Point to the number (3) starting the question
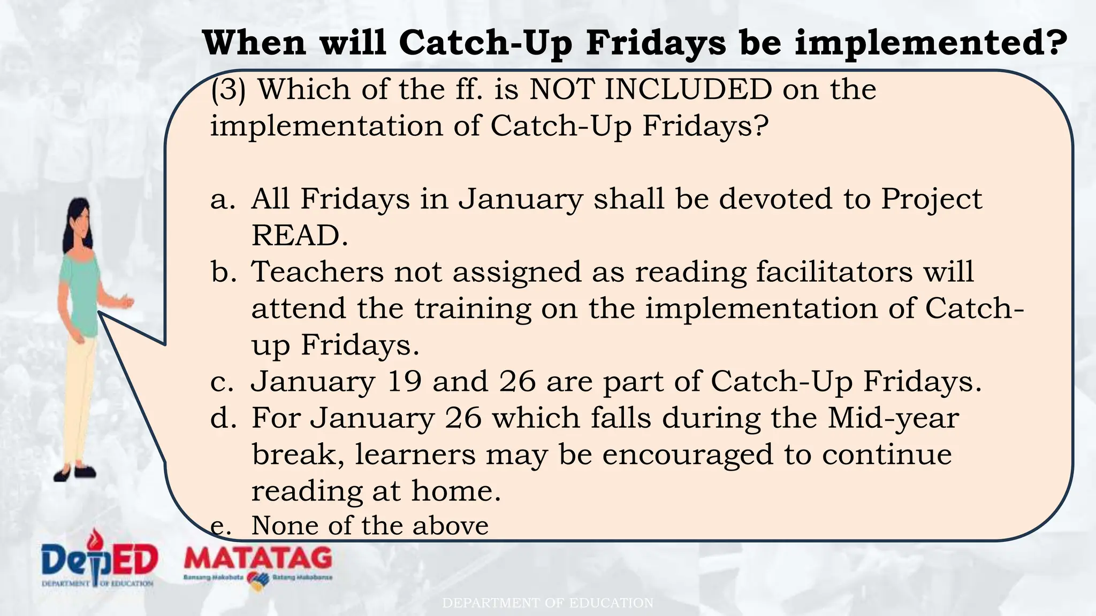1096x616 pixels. (229, 90)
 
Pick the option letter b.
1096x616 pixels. (223, 272)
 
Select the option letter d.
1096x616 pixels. (223, 418)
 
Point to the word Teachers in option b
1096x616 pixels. (317, 272)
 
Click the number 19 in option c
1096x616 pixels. (404, 382)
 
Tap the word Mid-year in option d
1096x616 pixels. (893, 418)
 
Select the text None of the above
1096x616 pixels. (370, 526)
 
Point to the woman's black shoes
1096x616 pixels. (75, 473)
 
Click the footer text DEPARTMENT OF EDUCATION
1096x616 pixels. (547, 603)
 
